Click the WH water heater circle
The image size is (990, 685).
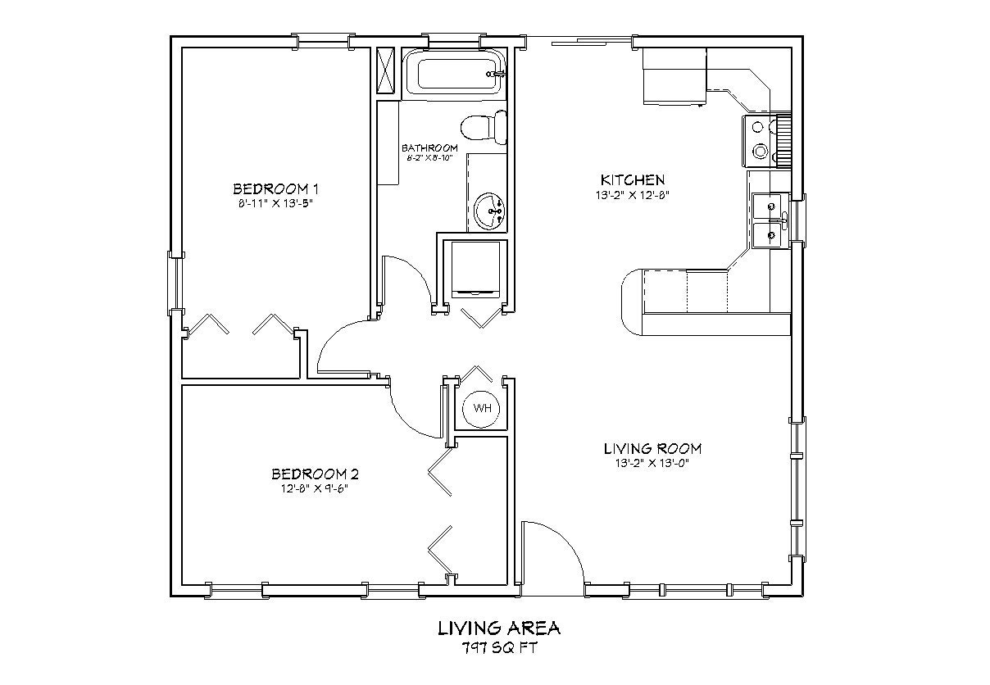tap(482, 407)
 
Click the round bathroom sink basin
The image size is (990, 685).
tap(490, 211)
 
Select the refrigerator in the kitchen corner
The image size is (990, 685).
tap(674, 75)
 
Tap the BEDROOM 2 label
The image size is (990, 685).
tap(315, 474)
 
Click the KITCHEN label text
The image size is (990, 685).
tap(632, 179)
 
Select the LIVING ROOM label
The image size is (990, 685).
tap(652, 448)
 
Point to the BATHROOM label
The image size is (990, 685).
tap(429, 147)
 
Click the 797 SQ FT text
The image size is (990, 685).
tap(498, 647)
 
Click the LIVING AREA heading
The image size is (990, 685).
tap(498, 628)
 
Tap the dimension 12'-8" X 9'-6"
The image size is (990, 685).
tap(315, 489)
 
